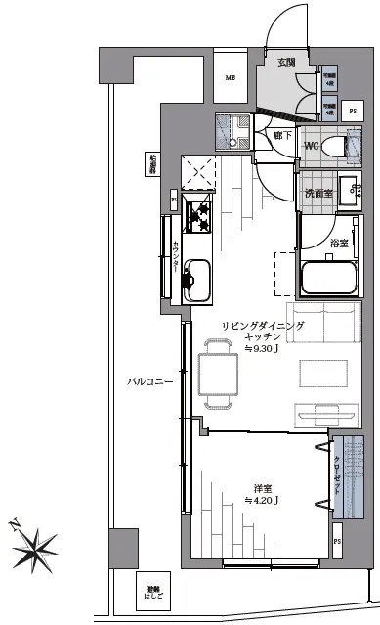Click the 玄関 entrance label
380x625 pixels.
(x=285, y=62)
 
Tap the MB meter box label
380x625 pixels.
(x=232, y=79)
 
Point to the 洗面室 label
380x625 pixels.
(x=317, y=193)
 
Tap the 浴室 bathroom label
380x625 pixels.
(x=339, y=242)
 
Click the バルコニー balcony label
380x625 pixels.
(x=148, y=381)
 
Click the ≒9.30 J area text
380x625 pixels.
(x=264, y=348)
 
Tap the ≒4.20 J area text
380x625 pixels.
(x=261, y=501)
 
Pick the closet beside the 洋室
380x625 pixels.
(x=339, y=473)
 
